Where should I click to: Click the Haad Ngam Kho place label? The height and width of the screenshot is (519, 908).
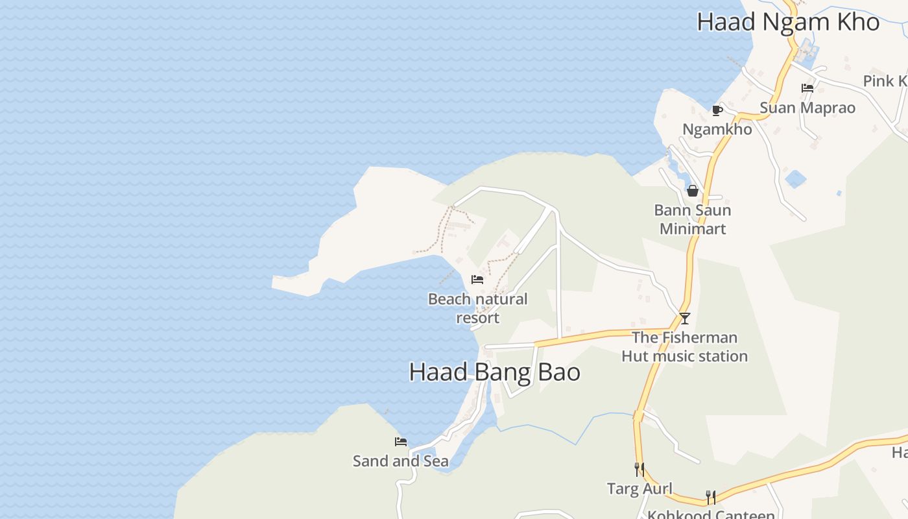[787, 22]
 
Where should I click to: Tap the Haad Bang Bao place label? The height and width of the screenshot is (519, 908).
[494, 372]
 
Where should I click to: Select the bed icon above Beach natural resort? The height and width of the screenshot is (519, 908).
[477, 280]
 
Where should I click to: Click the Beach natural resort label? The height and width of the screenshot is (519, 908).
[478, 308]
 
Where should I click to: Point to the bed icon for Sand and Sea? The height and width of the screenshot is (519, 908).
[401, 442]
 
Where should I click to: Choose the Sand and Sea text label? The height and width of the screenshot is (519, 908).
[401, 461]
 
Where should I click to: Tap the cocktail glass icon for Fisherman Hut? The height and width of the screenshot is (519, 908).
[684, 318]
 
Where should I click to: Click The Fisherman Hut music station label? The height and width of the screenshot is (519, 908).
[685, 346]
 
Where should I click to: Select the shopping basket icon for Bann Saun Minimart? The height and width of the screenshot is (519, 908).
[693, 191]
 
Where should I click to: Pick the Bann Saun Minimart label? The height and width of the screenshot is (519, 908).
[693, 219]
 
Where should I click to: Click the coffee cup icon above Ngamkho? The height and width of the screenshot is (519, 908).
[717, 110]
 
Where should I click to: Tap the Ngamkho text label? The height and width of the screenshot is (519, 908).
[717, 129]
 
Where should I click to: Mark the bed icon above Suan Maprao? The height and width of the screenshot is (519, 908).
[807, 88]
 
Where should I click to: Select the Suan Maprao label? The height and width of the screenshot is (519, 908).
[807, 108]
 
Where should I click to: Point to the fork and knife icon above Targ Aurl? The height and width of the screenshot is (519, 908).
[639, 469]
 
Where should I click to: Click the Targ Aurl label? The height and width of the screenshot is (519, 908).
[639, 489]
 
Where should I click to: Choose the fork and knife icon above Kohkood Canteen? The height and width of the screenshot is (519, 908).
[711, 498]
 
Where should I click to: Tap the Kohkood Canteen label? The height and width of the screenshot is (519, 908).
[711, 514]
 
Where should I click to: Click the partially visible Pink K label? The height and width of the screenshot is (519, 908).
[886, 81]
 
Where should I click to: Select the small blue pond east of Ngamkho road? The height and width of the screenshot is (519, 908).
[795, 178]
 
